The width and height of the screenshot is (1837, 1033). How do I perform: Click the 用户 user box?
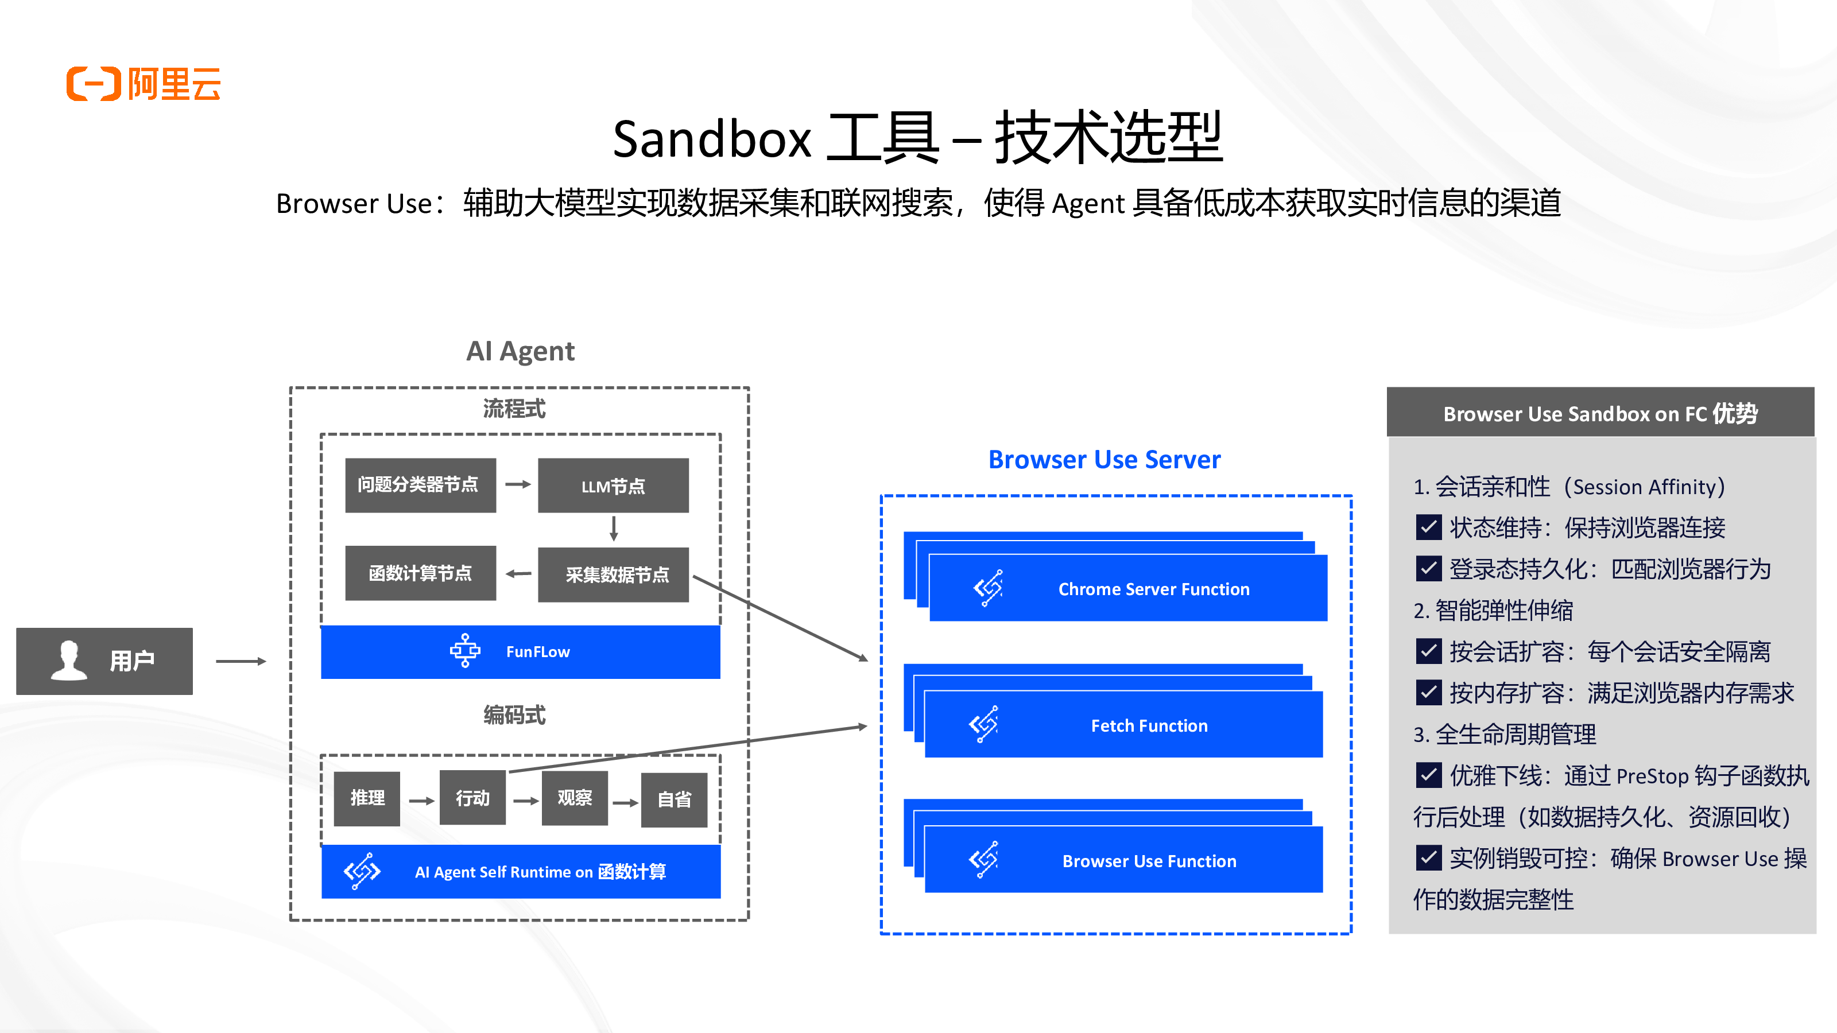pos(104,661)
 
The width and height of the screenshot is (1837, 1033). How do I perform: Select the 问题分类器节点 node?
pos(420,485)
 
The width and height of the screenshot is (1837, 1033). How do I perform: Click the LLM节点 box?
pos(613,486)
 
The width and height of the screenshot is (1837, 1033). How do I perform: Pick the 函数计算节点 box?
pos(420,573)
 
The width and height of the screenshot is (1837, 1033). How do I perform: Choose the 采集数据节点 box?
pos(613,574)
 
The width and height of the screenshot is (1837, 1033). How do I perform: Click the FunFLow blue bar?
pos(520,651)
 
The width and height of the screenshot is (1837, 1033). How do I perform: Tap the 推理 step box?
pos(367,798)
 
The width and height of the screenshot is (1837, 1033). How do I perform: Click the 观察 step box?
pos(574,798)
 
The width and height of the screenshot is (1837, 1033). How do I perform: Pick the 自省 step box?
pos(674,800)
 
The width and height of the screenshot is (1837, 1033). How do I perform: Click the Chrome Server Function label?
pos(1153,589)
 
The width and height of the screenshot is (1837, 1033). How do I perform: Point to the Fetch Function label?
pos(1149,726)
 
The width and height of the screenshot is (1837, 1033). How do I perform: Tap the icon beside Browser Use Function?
pos(983,860)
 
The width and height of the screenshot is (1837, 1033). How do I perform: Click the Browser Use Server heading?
pos(1104,460)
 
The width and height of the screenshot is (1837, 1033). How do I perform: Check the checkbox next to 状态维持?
pos(1428,527)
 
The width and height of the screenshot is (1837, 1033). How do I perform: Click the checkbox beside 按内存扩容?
pos(1428,692)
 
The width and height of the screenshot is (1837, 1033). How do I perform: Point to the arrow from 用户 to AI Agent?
pos(241,662)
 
